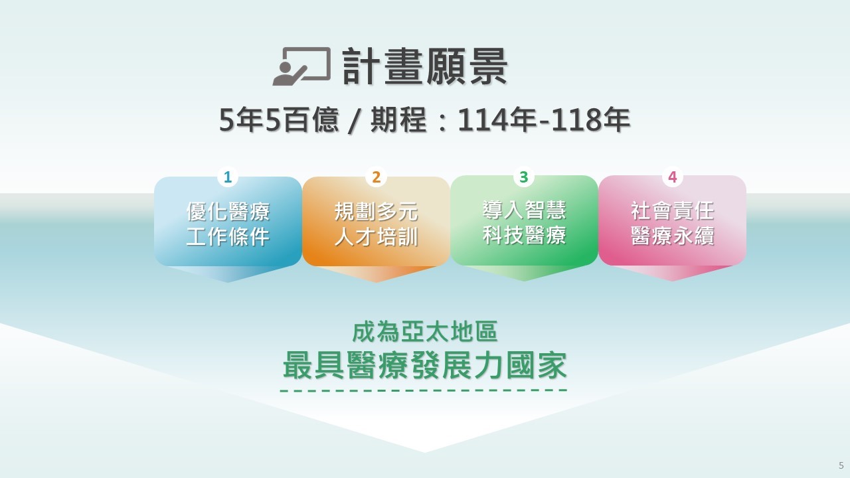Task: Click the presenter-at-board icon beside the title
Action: tap(301, 66)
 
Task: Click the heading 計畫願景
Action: tap(425, 67)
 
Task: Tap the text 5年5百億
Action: tap(279, 119)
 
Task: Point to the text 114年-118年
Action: tap(544, 119)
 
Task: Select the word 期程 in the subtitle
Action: tap(399, 119)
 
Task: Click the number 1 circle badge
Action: tap(228, 177)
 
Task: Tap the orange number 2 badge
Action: tap(376, 177)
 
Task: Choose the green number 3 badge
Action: tap(524, 177)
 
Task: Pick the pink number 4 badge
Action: tap(673, 177)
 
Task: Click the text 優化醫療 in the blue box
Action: tap(228, 211)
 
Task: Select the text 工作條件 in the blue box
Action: tap(228, 237)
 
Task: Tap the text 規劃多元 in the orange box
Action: tap(376, 211)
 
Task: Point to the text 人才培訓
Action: tap(376, 237)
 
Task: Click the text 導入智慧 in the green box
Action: tap(525, 210)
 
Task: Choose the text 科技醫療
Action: tap(525, 235)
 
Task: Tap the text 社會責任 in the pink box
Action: tap(673, 210)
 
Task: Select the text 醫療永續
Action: tap(673, 236)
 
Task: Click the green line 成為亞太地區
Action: tap(424, 332)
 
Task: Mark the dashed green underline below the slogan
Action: tap(424, 390)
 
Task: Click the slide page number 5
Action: tap(841, 465)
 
